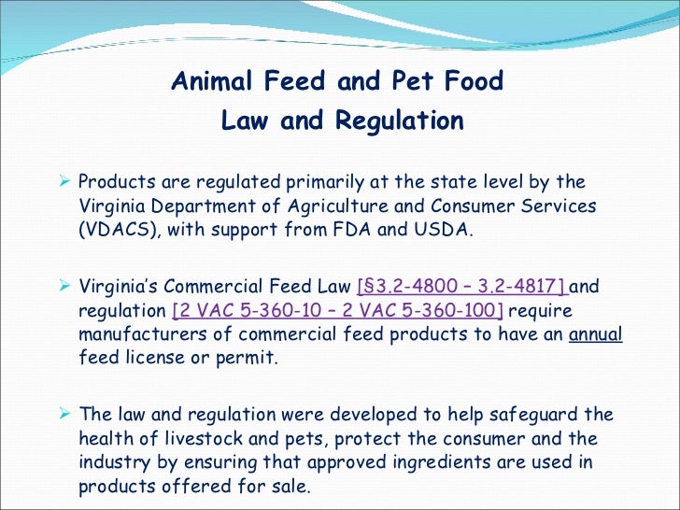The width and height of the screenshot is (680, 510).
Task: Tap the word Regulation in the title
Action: click(x=400, y=121)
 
